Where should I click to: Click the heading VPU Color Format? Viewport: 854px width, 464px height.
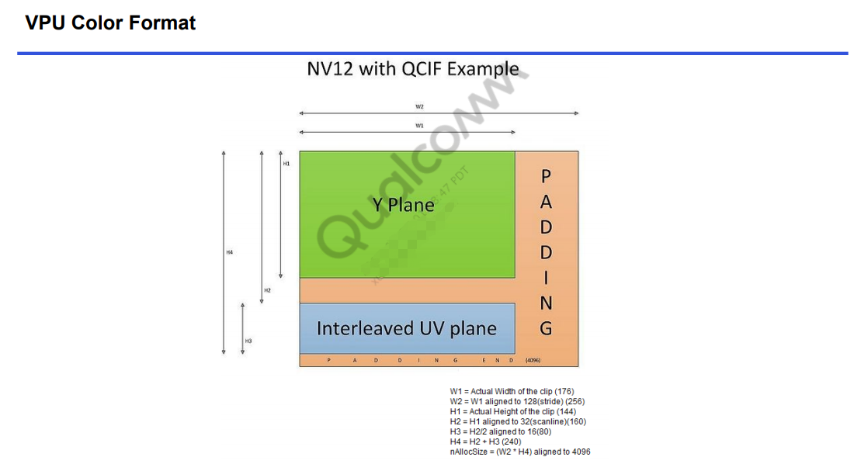pos(110,23)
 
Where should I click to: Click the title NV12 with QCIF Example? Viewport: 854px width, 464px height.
pos(412,68)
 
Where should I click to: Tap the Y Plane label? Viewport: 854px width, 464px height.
pos(404,205)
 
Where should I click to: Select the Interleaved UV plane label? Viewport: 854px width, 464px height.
pos(406,328)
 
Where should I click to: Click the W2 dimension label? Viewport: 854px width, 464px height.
pos(419,106)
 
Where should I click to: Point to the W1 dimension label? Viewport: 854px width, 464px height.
pos(419,125)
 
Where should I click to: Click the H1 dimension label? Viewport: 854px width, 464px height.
pos(286,164)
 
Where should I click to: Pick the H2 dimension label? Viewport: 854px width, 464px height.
pos(267,290)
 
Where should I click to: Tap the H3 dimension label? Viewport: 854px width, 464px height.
pos(248,341)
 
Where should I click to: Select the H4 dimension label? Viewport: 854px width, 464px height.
pos(229,252)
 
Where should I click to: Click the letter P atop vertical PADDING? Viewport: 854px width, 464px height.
pos(546,177)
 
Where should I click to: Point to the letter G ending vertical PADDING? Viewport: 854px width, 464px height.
pos(546,328)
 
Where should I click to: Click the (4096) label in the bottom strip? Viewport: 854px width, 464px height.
pos(533,360)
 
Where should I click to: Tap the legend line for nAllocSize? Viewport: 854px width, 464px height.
pos(520,452)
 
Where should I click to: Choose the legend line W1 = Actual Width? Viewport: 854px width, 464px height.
pos(512,391)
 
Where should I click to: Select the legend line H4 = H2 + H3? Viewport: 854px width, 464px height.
pos(485,441)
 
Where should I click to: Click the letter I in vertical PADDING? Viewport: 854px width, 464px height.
pos(546,278)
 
